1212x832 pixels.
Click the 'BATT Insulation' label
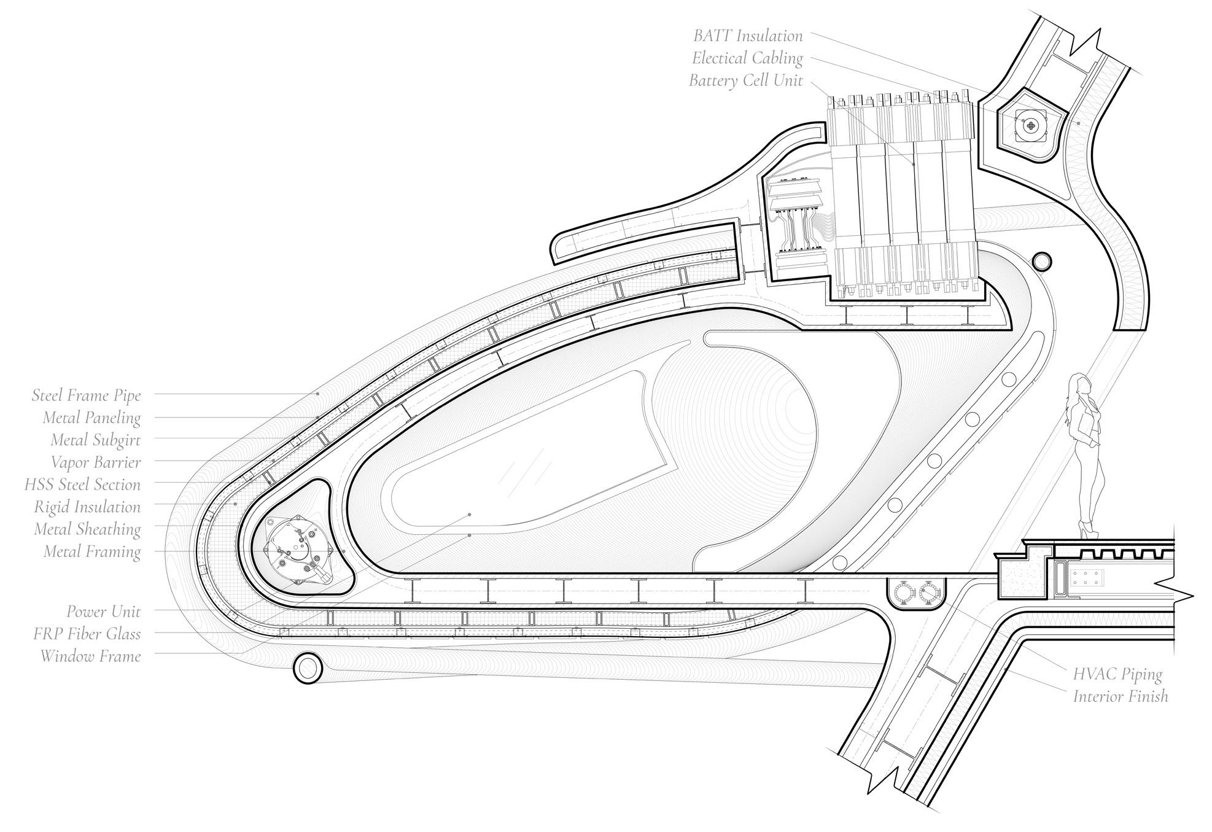[748, 36]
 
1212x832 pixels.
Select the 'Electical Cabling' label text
[747, 58]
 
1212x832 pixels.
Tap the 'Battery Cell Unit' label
[745, 80]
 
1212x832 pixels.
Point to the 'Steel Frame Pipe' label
[86, 395]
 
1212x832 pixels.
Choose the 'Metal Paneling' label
[91, 418]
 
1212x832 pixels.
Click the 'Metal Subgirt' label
[95, 440]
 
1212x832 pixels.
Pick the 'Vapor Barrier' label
[96, 462]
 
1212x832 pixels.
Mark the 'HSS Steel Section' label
[82, 484]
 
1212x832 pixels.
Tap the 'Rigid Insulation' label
[87, 507]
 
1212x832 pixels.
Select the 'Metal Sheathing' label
[87, 529]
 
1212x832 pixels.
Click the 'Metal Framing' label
[92, 551]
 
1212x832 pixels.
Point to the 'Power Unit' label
[104, 612]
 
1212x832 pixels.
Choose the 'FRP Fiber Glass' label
[87, 634]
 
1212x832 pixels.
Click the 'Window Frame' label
[91, 656]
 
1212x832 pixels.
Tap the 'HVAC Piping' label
[1117, 674]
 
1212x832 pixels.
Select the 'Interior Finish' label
[1120, 696]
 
